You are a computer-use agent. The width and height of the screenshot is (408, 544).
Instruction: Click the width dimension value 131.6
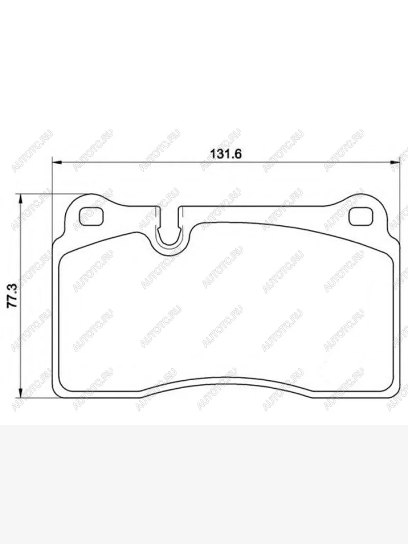point(226,154)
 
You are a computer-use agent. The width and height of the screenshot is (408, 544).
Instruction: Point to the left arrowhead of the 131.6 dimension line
point(57,162)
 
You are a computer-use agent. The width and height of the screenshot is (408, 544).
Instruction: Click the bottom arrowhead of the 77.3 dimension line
point(20,392)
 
